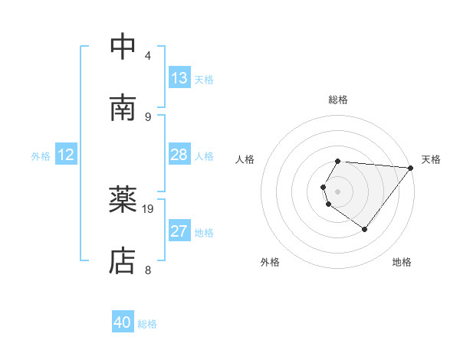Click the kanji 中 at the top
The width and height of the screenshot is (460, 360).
click(123, 47)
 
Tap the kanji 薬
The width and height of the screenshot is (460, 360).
click(123, 201)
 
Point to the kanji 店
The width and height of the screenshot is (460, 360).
click(123, 261)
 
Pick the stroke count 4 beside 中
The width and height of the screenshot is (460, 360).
click(147, 56)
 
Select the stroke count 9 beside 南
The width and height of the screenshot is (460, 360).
click(147, 116)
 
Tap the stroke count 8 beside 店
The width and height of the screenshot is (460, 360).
click(147, 270)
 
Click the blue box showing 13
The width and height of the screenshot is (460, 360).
click(179, 78)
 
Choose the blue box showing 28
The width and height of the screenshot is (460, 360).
click(179, 155)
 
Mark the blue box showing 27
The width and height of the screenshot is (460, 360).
click(179, 231)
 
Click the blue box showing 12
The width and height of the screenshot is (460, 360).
click(66, 155)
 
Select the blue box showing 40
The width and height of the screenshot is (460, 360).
click(123, 322)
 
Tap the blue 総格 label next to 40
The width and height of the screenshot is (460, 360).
click(147, 324)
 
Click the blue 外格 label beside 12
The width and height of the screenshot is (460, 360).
click(41, 156)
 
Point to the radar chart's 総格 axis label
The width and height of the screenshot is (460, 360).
click(338, 100)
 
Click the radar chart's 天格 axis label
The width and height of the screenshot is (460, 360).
click(431, 159)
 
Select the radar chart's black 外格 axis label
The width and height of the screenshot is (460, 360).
click(270, 262)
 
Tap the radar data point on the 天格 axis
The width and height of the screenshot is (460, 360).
click(410, 168)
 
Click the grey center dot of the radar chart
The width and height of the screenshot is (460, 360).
click(338, 191)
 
